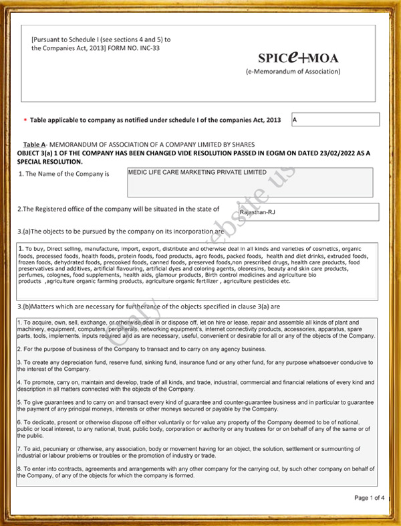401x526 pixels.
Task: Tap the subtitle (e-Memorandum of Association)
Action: (x=293, y=72)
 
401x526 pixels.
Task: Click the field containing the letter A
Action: (x=336, y=120)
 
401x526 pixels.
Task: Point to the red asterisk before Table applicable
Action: (x=25, y=120)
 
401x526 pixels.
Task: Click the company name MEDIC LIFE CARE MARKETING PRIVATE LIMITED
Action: (x=197, y=173)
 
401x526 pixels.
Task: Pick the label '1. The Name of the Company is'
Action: (x=63, y=174)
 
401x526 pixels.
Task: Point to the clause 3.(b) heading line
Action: (x=148, y=306)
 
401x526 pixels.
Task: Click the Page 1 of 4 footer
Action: (x=369, y=498)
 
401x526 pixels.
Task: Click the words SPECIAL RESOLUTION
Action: (x=50, y=161)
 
